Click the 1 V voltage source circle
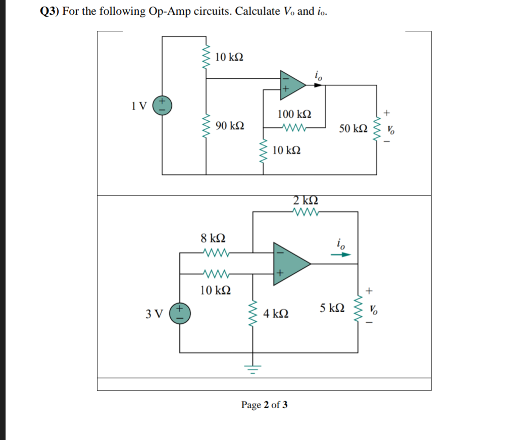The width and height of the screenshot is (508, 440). tap(163, 106)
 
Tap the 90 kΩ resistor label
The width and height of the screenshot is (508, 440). tap(230, 125)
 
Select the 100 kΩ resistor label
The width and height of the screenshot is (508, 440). tap(294, 115)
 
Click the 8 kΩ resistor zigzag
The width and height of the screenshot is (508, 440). tap(216, 251)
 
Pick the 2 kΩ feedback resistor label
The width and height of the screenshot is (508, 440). tap(305, 200)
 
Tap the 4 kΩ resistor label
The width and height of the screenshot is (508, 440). tap(276, 314)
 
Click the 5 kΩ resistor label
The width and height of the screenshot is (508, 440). tap(333, 308)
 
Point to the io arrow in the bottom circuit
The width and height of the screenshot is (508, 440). tap(340, 255)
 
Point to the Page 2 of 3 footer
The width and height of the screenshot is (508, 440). tap(265, 405)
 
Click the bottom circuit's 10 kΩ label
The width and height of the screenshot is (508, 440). tap(216, 290)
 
